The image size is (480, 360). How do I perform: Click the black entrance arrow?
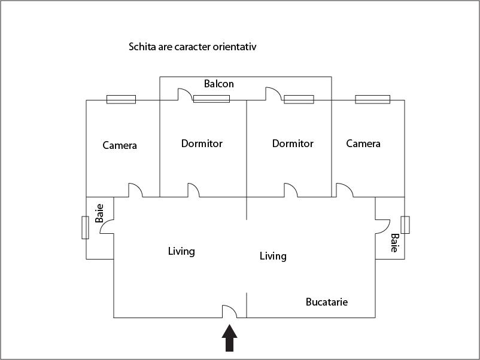[x=230, y=338]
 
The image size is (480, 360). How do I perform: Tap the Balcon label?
[x=219, y=84]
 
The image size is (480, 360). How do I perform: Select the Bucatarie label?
[x=326, y=302]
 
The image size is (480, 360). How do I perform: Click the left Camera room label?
[x=120, y=145]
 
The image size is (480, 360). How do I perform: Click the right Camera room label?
[x=363, y=144]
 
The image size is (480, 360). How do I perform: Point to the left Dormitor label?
[x=202, y=144]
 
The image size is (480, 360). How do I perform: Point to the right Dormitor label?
[x=293, y=144]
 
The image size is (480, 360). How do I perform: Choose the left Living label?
[x=181, y=251]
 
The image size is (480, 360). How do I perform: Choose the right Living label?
[x=273, y=256]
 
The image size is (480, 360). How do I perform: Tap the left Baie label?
[x=99, y=213]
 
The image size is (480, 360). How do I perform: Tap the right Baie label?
[x=394, y=243]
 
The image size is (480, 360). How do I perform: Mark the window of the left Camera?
[x=121, y=99]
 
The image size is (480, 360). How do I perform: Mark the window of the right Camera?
[x=372, y=99]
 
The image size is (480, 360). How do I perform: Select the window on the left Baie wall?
[x=85, y=228]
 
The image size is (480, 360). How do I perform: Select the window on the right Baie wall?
[x=405, y=224]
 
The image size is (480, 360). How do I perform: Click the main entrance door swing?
[x=230, y=311]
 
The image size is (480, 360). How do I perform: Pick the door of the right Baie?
[x=382, y=226]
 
